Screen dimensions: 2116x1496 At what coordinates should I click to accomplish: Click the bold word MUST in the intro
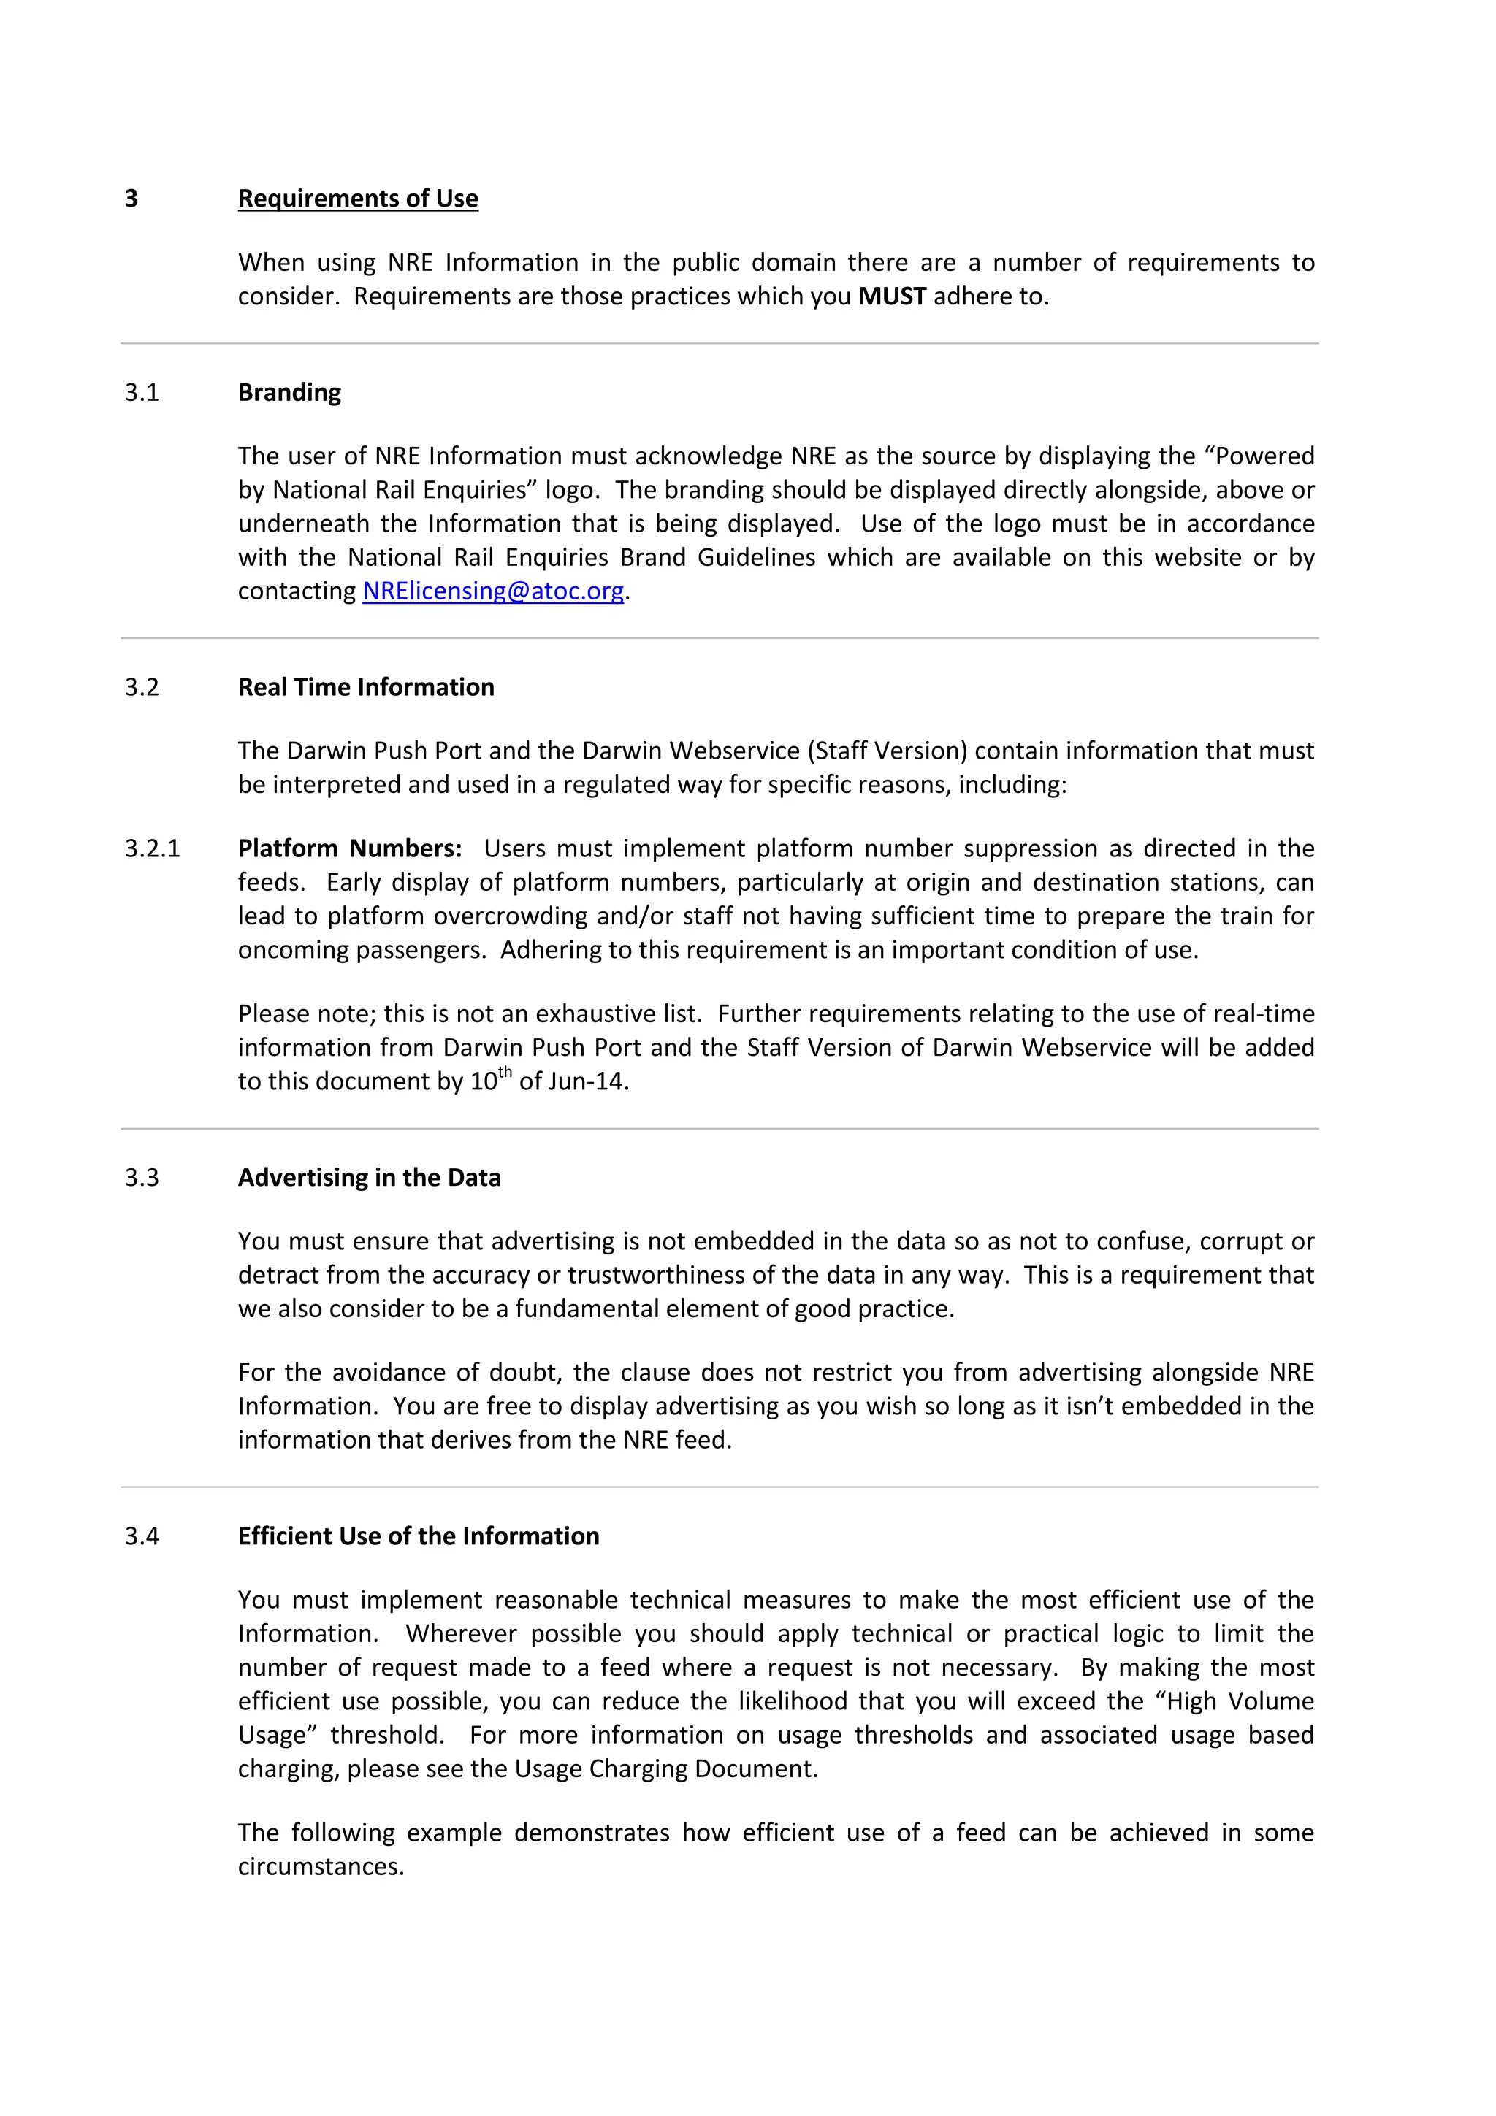tap(891, 296)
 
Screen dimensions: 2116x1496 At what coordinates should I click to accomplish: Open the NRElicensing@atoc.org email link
tap(493, 591)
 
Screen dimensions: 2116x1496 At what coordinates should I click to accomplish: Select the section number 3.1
tap(142, 393)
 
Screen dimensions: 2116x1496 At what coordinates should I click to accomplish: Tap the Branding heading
tap(289, 393)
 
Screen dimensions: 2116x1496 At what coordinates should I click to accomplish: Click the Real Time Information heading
tap(366, 688)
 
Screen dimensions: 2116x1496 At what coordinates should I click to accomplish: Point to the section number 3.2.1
tap(152, 848)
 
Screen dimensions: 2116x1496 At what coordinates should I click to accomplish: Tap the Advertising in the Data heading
tap(369, 1178)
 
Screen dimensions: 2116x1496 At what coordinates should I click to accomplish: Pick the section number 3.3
tap(142, 1178)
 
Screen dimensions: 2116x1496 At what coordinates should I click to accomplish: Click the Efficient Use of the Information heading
tap(419, 1536)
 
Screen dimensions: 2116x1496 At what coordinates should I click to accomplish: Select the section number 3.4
tap(142, 1536)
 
